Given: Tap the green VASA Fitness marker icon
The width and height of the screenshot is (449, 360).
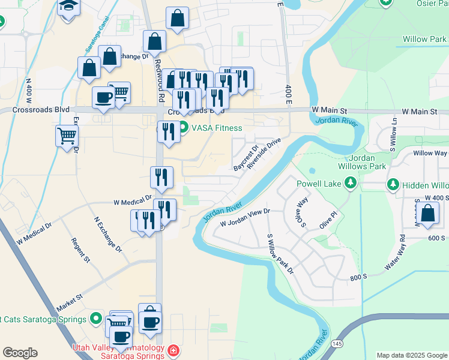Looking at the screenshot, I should coord(183,128).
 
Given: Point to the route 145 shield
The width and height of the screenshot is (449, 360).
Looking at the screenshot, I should coord(338,343).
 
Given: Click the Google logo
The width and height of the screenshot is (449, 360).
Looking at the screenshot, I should coord(20,353).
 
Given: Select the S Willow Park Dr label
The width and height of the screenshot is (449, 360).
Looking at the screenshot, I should coord(280,254).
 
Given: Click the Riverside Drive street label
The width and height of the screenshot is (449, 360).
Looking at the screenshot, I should coord(264,154).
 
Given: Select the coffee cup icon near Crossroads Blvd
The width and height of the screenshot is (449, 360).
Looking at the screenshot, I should coord(103,97).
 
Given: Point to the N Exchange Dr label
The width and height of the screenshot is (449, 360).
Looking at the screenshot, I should coord(108,233).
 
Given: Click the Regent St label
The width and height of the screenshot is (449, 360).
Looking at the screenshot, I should coord(80,251).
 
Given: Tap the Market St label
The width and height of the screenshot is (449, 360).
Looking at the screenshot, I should coord(70,299).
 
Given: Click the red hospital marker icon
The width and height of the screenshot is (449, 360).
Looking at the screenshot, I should coord(173,350).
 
